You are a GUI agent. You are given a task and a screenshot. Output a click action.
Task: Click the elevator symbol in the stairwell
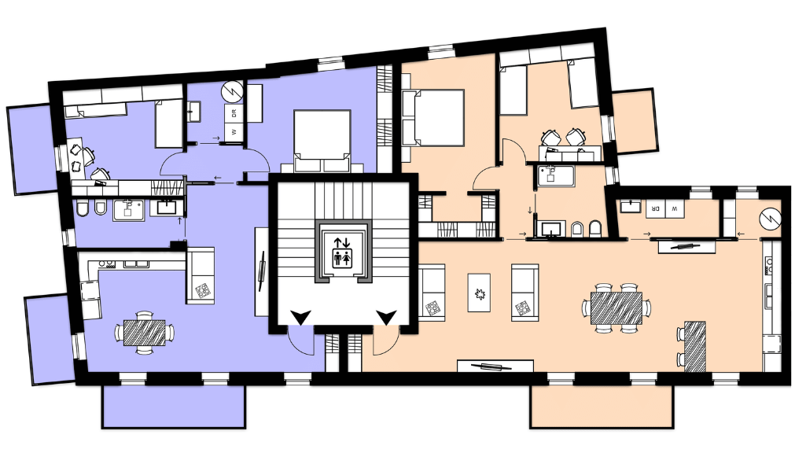tap(342, 252)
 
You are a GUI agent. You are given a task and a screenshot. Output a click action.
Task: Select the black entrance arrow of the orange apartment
tap(386, 317)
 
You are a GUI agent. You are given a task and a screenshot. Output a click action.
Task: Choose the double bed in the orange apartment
tap(432, 118)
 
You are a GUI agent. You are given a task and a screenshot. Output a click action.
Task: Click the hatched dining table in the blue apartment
tap(145, 333)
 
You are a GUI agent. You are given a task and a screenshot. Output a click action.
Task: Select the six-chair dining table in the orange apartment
tap(616, 308)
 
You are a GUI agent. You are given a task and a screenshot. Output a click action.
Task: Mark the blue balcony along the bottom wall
tap(174, 407)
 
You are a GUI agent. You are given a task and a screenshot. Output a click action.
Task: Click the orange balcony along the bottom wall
tap(602, 407)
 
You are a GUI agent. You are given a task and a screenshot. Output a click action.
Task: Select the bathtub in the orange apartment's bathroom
tap(556, 175)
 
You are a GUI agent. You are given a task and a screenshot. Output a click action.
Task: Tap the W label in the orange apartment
tap(675, 208)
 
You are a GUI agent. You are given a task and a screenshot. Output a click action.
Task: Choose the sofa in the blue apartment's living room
tap(200, 275)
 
